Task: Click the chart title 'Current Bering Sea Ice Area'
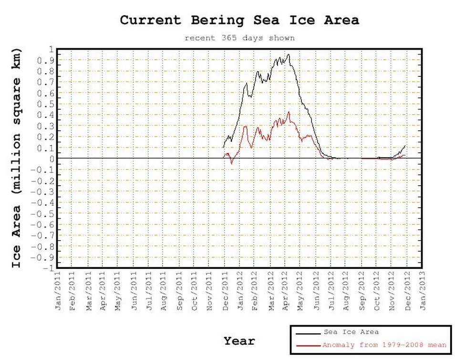pos(239,21)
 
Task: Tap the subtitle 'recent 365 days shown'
pos(239,38)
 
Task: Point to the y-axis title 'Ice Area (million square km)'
pos(17,158)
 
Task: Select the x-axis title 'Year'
pos(239,341)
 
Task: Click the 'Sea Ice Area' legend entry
pos(351,332)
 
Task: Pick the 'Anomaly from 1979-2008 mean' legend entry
pos(384,344)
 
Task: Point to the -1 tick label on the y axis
pos(48,268)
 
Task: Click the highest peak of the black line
pos(289,54)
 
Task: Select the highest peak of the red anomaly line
pos(289,112)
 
